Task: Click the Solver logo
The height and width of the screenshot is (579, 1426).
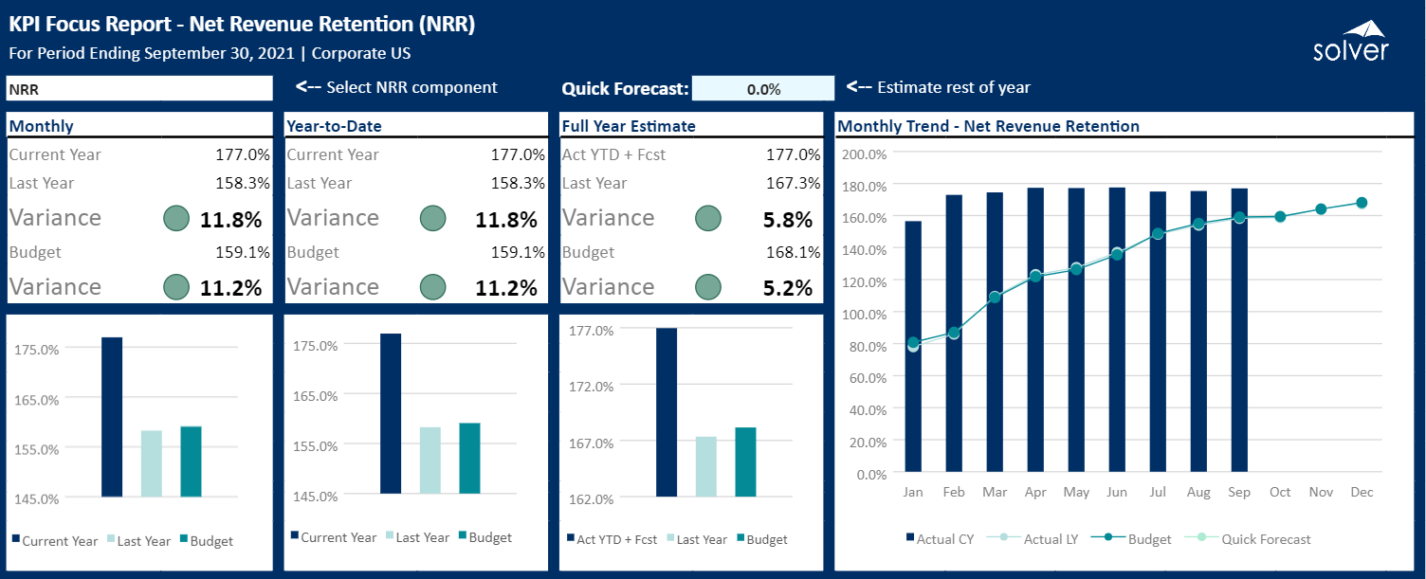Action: pos(1350,42)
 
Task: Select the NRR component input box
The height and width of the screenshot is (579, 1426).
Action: pos(139,88)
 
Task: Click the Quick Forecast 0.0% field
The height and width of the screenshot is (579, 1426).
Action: pos(763,88)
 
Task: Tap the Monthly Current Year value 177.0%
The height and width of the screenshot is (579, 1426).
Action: pos(242,154)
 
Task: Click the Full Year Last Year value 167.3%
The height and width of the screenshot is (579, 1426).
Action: pos(793,183)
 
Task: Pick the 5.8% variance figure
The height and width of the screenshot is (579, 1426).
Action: pos(788,220)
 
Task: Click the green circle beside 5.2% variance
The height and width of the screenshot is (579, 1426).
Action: pos(708,287)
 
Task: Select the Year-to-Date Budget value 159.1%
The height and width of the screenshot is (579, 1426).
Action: pos(518,253)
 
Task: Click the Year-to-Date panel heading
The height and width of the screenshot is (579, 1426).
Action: pos(334,126)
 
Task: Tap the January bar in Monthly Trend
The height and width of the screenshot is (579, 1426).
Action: pos(913,346)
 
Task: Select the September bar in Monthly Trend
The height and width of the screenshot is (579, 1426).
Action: pos(1239,330)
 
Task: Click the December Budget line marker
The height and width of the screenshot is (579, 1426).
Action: pos(1362,203)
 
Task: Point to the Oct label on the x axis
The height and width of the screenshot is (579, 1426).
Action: pos(1280,492)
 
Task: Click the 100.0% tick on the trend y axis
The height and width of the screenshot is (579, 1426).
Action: pos(864,315)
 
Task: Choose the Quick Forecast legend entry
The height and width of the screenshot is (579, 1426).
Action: pos(1248,539)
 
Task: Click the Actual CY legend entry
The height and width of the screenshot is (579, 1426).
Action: pos(941,539)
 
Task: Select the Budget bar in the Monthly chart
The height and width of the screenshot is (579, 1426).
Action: pos(191,461)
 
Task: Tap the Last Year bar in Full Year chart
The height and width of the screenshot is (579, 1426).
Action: pos(706,466)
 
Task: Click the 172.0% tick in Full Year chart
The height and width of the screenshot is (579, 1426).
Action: pos(591,387)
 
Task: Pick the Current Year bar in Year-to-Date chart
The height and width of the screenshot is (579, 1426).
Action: pos(391,413)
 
